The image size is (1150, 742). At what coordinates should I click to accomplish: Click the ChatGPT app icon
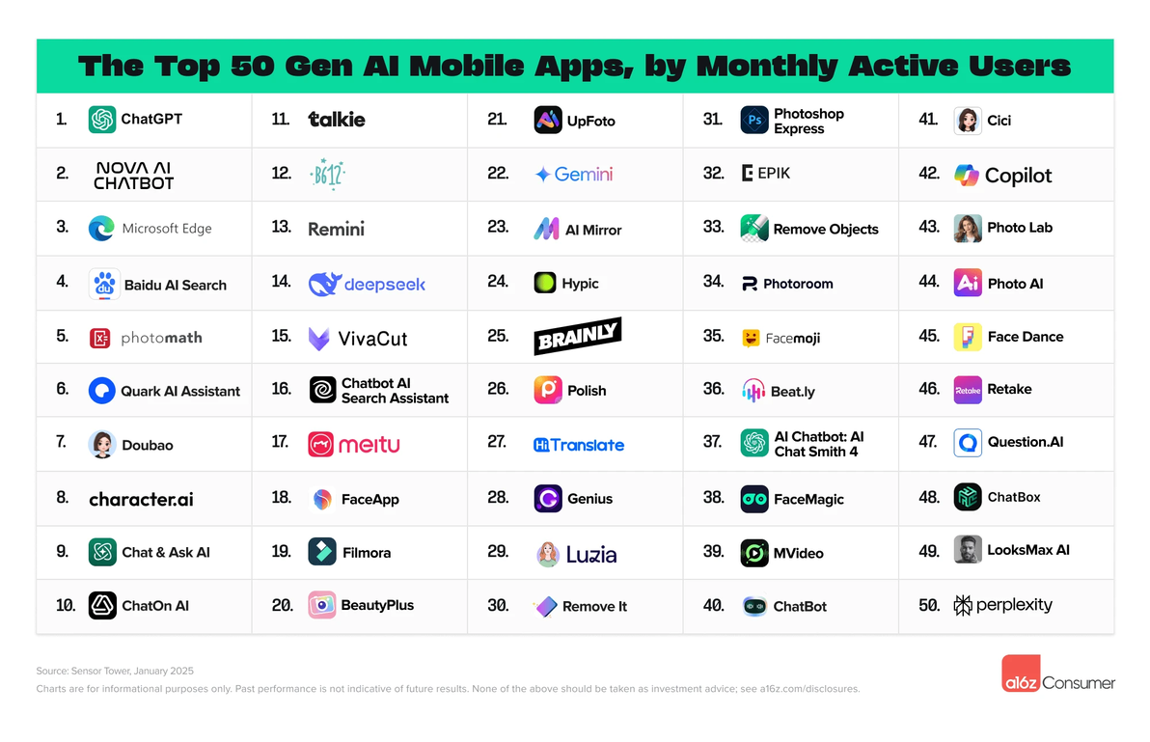pos(102,120)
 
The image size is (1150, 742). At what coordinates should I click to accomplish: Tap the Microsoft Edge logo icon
pos(101,229)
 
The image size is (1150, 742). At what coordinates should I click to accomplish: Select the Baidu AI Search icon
pos(104,285)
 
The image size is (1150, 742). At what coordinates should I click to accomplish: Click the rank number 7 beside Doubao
pos(62,442)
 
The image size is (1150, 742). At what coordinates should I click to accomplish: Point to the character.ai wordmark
pos(141,499)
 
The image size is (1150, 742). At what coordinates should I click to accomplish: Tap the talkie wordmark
pos(337,120)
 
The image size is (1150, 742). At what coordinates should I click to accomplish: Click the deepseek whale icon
pos(323,284)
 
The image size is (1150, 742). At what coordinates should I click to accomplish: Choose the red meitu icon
pos(321,444)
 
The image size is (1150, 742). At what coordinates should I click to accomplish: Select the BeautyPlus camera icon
pos(322,605)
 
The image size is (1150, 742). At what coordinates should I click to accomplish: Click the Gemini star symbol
pos(543,175)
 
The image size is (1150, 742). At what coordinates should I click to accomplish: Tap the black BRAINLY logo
pos(578,337)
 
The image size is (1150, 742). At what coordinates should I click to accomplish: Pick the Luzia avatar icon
pos(548,554)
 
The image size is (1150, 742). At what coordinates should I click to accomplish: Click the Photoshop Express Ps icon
pos(754,121)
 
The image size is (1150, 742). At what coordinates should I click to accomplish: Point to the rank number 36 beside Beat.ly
pos(714,389)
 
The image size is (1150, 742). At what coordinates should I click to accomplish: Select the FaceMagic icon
pos(754,499)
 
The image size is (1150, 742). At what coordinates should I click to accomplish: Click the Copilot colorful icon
pos(967,175)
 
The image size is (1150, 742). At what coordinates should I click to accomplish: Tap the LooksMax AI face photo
pos(968,550)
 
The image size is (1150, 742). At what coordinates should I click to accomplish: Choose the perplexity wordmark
pos(1014,605)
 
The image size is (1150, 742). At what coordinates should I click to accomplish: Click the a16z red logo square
pos(1020,673)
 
